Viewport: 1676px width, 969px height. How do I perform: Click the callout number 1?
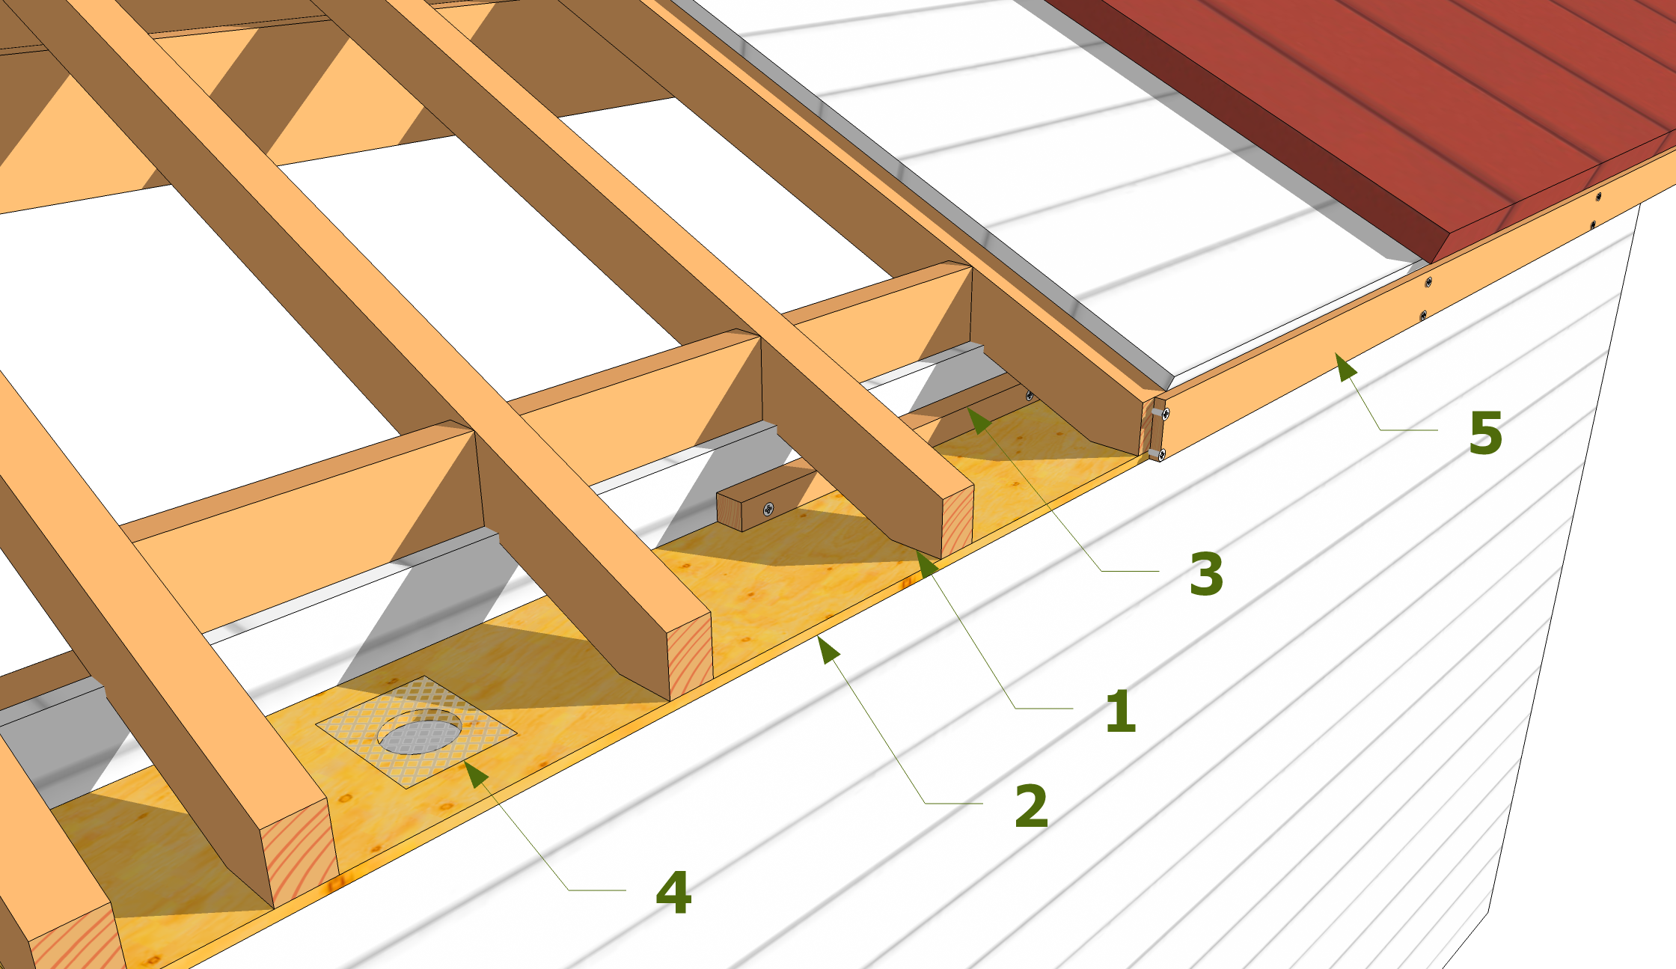point(1121,710)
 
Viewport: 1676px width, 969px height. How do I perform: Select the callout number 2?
point(1031,806)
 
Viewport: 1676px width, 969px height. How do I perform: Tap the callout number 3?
point(1206,574)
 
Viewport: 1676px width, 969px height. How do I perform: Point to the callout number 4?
point(673,893)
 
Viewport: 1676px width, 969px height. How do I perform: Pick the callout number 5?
point(1485,432)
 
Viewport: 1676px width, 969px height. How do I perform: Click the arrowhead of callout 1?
point(926,563)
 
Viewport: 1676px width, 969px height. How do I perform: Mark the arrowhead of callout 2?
point(827,648)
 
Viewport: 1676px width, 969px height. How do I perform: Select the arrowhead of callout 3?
point(979,421)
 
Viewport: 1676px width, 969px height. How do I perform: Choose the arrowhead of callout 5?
point(1345,367)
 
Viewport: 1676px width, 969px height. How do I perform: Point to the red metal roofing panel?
point(1384,112)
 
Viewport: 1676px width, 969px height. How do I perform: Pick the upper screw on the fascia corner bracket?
point(1165,413)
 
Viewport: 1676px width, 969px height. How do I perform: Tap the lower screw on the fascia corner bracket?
point(1160,453)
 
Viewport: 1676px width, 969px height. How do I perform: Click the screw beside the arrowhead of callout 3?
point(1030,396)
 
